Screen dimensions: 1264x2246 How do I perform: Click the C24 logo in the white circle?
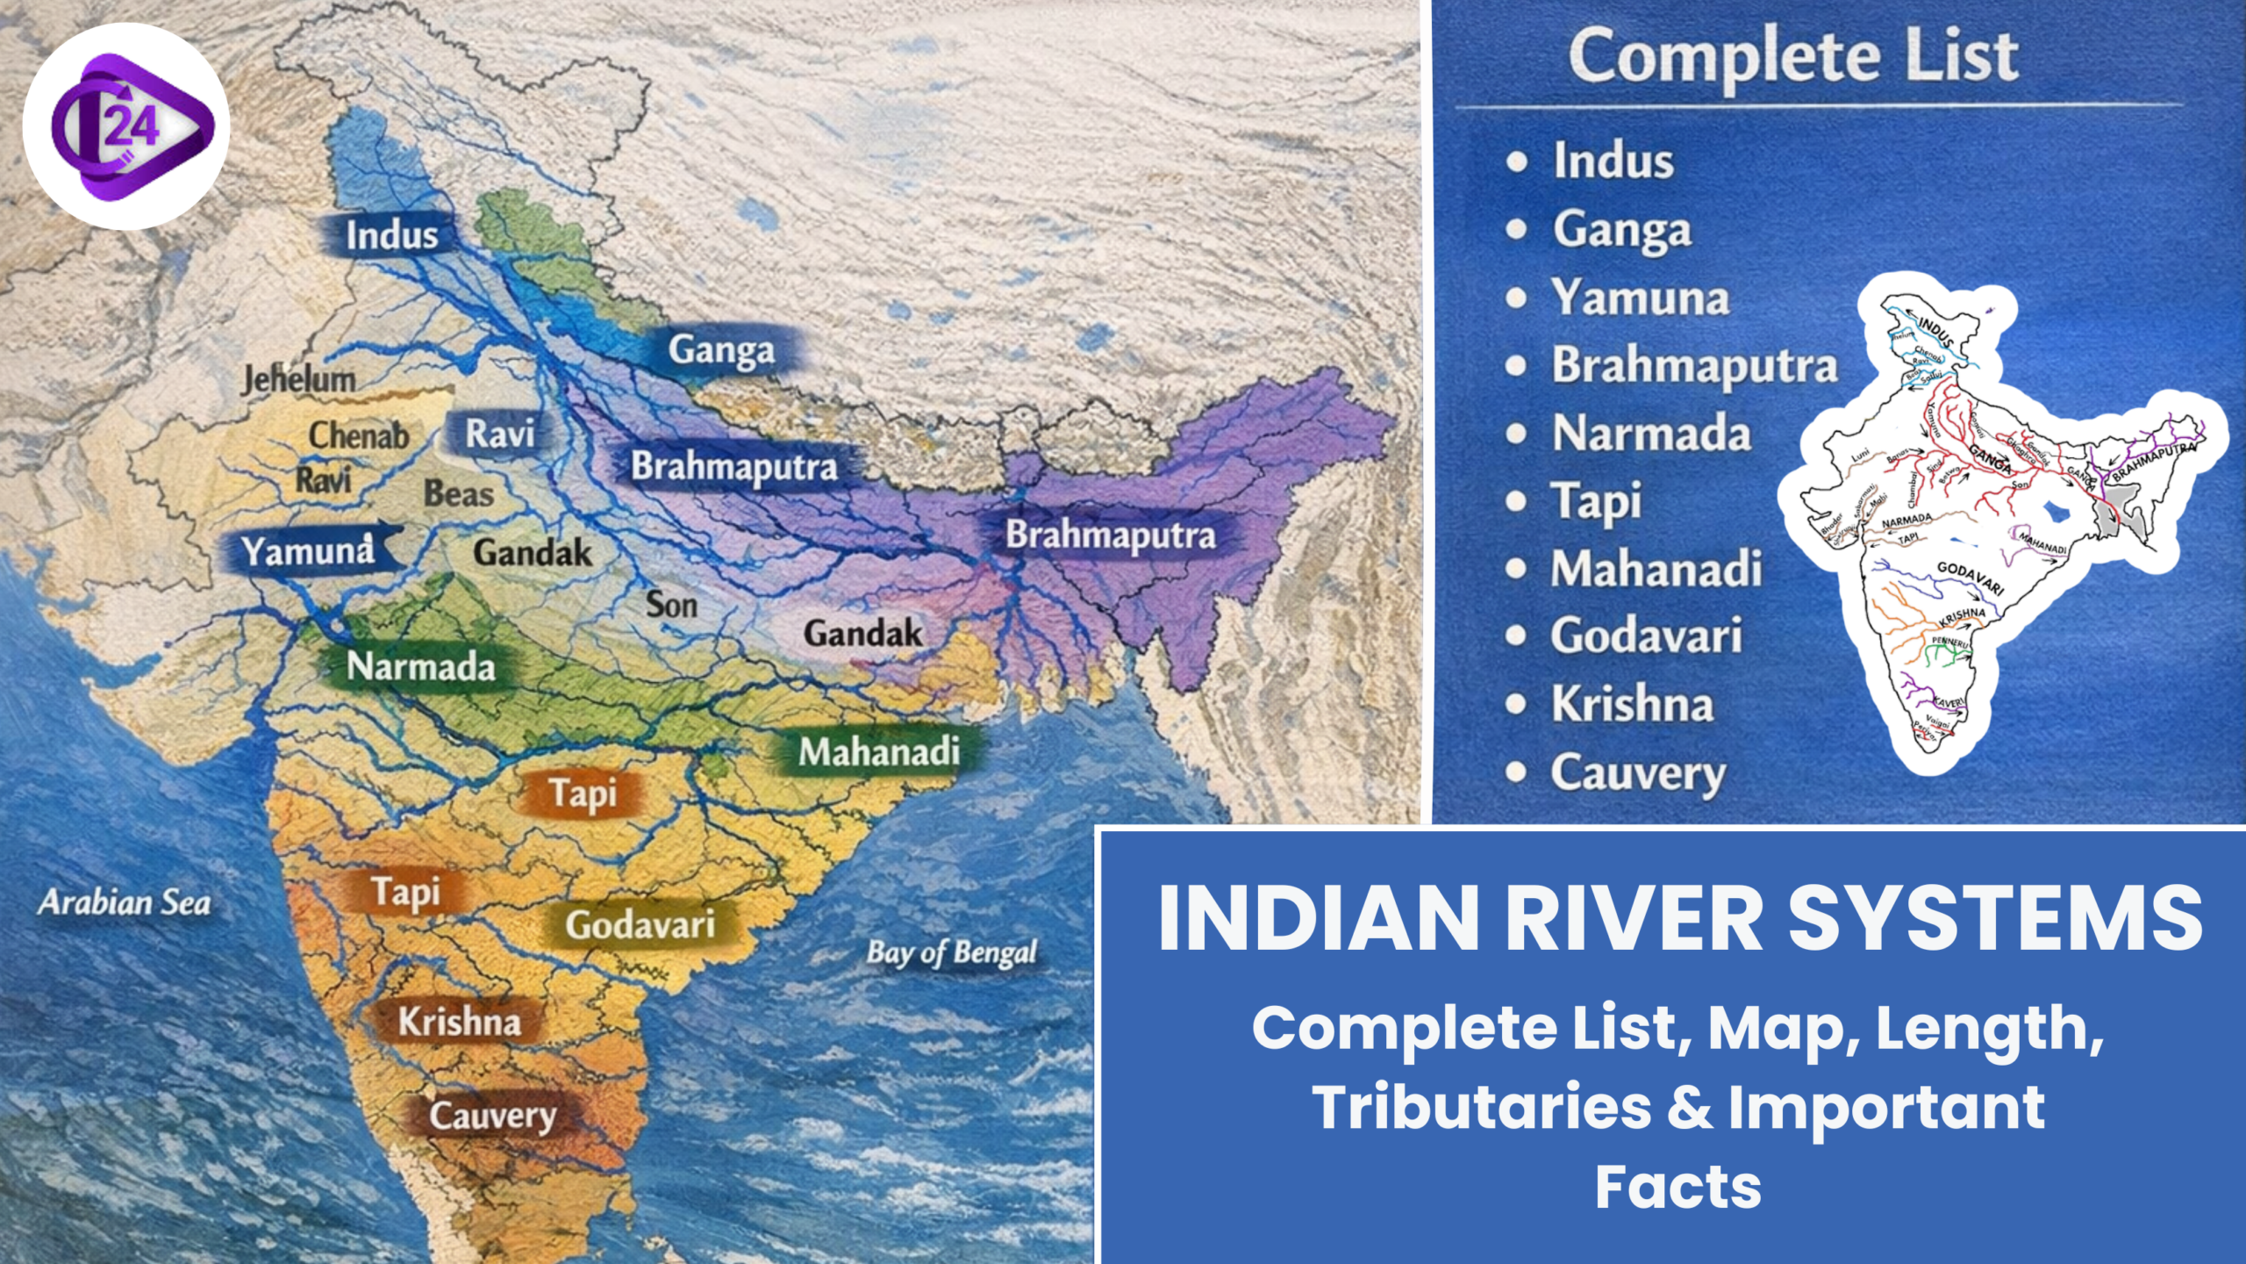point(126,126)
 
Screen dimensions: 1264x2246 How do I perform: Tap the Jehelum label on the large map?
point(299,379)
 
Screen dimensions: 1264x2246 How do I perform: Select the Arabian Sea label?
point(125,902)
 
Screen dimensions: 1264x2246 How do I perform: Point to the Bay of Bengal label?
point(952,952)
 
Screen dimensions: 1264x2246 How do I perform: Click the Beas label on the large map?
point(459,494)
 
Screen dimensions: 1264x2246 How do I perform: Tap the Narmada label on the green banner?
point(421,667)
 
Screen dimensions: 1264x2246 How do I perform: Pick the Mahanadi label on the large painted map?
point(878,751)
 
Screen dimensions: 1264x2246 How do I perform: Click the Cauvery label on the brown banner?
point(492,1116)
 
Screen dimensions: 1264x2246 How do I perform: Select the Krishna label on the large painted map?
point(459,1022)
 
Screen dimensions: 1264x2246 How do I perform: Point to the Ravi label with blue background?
point(499,434)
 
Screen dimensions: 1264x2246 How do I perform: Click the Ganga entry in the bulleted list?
point(1621,230)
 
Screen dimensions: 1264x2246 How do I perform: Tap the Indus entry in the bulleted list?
point(1613,162)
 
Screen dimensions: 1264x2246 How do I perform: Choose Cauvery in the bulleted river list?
point(1637,773)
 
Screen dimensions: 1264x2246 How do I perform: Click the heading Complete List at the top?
point(1793,56)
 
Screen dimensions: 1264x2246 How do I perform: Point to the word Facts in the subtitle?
point(1677,1187)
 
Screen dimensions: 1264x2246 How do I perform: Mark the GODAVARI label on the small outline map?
point(1970,578)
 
